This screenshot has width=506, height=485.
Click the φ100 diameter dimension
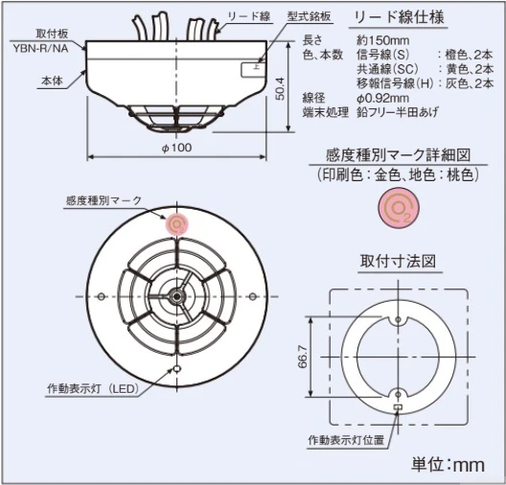pos(176,148)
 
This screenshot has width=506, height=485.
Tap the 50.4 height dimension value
pos(281,89)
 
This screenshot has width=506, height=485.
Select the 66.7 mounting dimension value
pos(303,357)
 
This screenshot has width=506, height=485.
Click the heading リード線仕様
pos(399,17)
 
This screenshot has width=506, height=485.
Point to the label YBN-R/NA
pos(40,48)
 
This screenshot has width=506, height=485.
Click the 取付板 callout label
pos(52,34)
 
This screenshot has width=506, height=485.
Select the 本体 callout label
pos(52,81)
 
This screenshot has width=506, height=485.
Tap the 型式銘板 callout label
pos(310,17)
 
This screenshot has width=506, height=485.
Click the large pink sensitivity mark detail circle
pos(400,207)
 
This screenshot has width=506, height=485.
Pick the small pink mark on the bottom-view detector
pos(176,224)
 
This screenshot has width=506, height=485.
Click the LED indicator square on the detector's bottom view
pos(177,368)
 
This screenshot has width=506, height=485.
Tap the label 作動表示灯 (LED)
pos(93,388)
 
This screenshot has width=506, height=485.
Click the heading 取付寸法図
pos(399,261)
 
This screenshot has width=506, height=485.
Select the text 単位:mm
pos(448,465)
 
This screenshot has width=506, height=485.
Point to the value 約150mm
pos(383,40)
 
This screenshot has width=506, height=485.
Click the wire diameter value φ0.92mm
pos(383,98)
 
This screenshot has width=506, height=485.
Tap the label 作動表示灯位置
pos(346,440)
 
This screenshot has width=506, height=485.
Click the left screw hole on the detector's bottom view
pos(102,296)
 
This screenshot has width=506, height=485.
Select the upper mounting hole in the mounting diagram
pos(399,320)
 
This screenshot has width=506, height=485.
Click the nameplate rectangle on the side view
pos(253,70)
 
